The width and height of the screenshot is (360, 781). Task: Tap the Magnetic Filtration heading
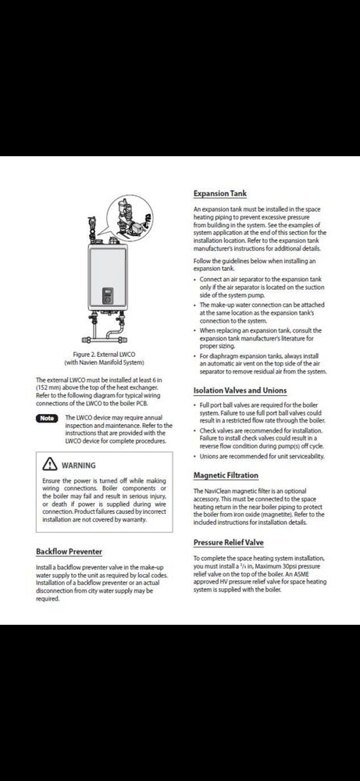coord(226,475)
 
